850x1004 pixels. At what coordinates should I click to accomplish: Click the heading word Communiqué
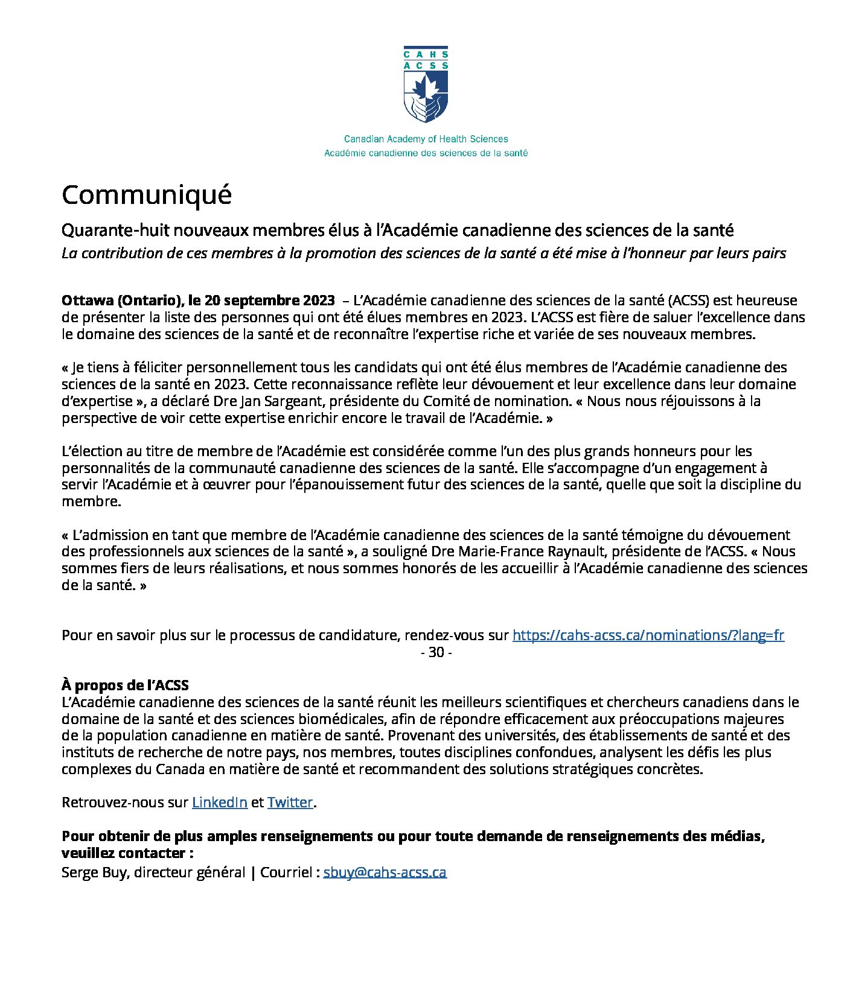(x=147, y=195)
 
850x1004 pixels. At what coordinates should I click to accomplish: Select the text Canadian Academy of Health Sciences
(x=426, y=139)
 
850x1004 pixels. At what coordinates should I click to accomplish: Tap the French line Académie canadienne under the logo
(x=426, y=153)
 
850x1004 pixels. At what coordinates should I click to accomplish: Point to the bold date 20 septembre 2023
(x=269, y=300)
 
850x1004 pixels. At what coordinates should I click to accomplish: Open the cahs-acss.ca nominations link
(x=648, y=635)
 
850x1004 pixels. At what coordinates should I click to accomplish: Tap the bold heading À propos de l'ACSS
(x=125, y=685)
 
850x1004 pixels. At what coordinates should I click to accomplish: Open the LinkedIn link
(x=220, y=802)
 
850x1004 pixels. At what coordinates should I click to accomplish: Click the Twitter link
(x=290, y=802)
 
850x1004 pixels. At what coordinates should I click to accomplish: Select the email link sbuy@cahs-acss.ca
(x=385, y=872)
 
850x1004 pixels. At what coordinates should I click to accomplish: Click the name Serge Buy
(x=94, y=872)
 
